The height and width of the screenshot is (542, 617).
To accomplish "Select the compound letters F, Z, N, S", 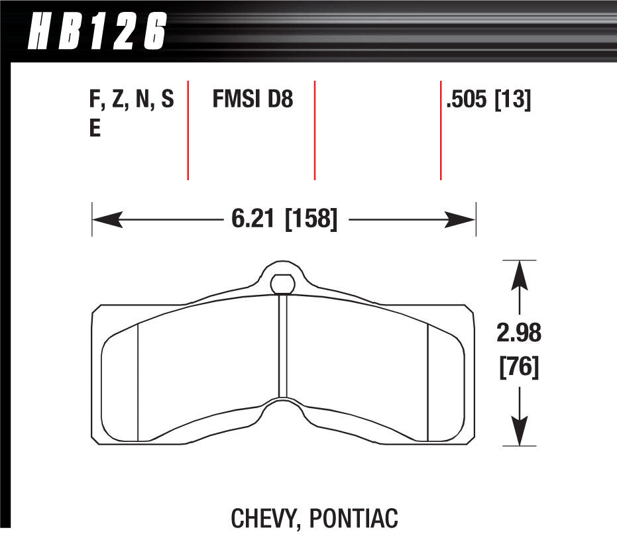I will [131, 100].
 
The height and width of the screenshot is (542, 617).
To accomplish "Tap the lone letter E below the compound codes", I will [95, 129].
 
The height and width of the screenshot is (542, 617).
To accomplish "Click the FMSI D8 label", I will [252, 100].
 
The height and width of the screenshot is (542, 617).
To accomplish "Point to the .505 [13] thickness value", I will [489, 100].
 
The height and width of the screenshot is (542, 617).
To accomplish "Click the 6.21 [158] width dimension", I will [284, 218].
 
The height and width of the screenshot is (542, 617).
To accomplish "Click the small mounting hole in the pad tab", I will [282, 284].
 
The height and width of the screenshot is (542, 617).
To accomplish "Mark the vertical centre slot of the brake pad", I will [282, 345].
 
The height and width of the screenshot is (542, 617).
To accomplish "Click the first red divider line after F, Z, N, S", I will [188, 130].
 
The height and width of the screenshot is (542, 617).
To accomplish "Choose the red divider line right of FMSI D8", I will [314, 130].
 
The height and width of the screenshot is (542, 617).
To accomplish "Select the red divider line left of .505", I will [441, 130].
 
